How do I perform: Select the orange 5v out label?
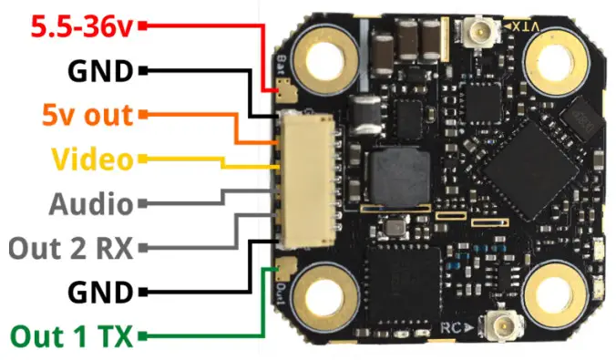point(87,116)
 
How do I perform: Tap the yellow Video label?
point(92,159)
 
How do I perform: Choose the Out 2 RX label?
point(69,246)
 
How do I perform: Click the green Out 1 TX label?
point(72,337)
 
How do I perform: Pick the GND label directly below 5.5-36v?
point(99,71)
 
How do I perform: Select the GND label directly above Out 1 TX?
point(99,293)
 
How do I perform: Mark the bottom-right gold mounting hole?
point(557,296)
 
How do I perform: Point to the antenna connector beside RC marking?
point(498,324)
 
